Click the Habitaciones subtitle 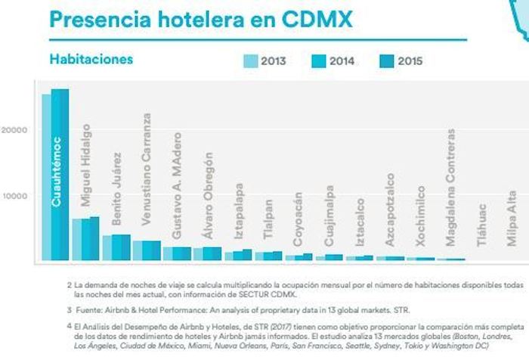(91, 59)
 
